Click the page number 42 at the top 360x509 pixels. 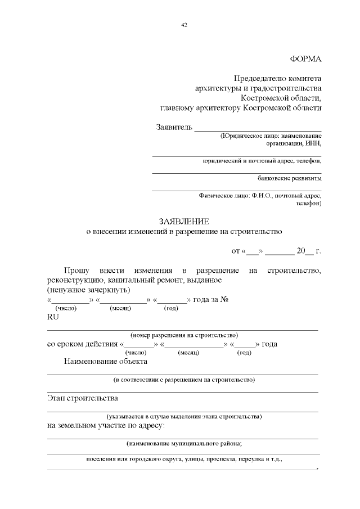pyautogui.click(x=184, y=25)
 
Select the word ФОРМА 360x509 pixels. pyautogui.click(x=305, y=58)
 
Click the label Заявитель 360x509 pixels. pyautogui.click(x=174, y=127)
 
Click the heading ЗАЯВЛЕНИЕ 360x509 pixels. pyautogui.click(x=183, y=221)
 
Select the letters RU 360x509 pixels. pyautogui.click(x=52, y=317)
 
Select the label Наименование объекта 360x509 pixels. pyautogui.click(x=105, y=361)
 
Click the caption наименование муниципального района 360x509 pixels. pyautogui.click(x=184, y=444)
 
